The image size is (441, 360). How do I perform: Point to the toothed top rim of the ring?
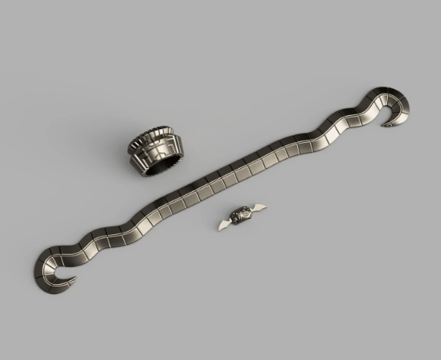155,134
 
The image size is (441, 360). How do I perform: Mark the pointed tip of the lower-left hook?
78,282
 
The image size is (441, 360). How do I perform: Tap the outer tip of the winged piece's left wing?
218,227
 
